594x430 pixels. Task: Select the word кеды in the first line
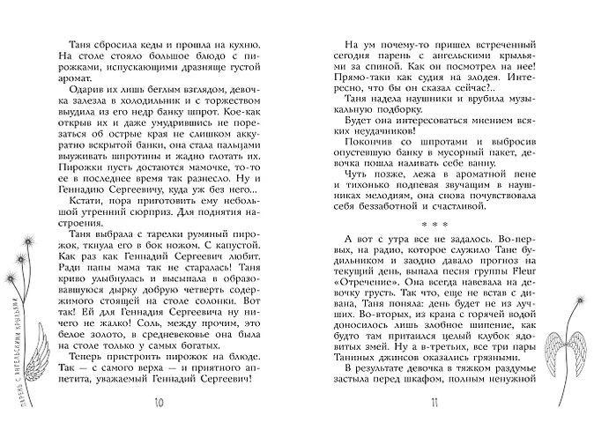point(150,44)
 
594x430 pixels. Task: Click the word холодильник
point(145,102)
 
